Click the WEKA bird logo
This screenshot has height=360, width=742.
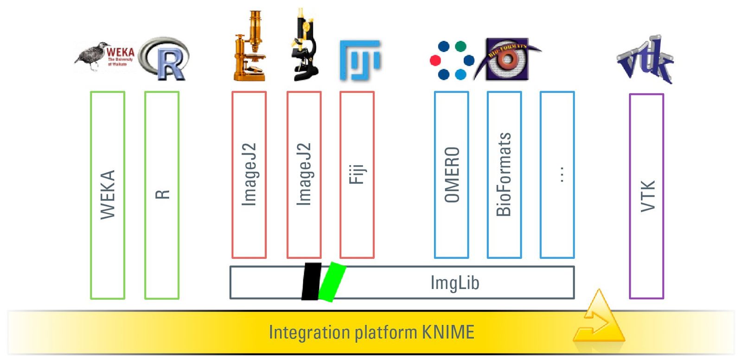click(x=104, y=57)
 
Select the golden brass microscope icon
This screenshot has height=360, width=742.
click(x=249, y=46)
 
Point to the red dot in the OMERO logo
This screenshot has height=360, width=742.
click(x=435, y=60)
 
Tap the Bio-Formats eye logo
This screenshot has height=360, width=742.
click(x=507, y=59)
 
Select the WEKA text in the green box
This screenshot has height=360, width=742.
click(x=108, y=195)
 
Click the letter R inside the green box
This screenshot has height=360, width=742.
click(x=162, y=194)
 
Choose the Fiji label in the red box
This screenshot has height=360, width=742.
click(x=357, y=174)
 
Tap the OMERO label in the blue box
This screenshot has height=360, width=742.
click(x=452, y=175)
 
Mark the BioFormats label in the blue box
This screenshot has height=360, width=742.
click(x=504, y=174)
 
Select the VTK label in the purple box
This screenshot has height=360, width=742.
click(x=647, y=196)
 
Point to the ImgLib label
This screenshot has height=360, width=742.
click(x=454, y=283)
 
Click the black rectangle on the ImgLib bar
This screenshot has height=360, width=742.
click(x=311, y=282)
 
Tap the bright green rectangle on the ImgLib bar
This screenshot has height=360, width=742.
click(x=332, y=282)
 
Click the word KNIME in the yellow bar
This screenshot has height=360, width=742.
click(x=448, y=333)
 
